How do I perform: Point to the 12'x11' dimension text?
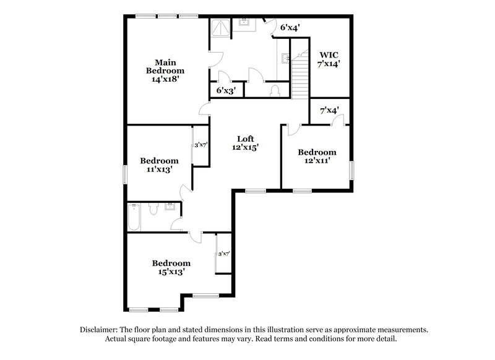[317, 161]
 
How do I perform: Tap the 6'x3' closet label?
[226, 90]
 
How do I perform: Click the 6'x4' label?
[290, 28]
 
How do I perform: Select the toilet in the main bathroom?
[277, 90]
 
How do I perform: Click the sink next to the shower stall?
[244, 23]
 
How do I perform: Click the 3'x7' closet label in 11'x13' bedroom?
[200, 145]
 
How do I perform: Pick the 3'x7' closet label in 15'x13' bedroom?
[223, 254]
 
